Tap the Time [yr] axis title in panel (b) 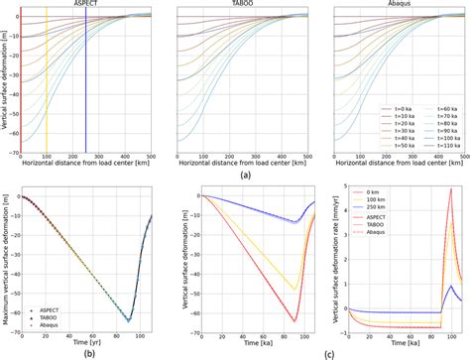(82, 340)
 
